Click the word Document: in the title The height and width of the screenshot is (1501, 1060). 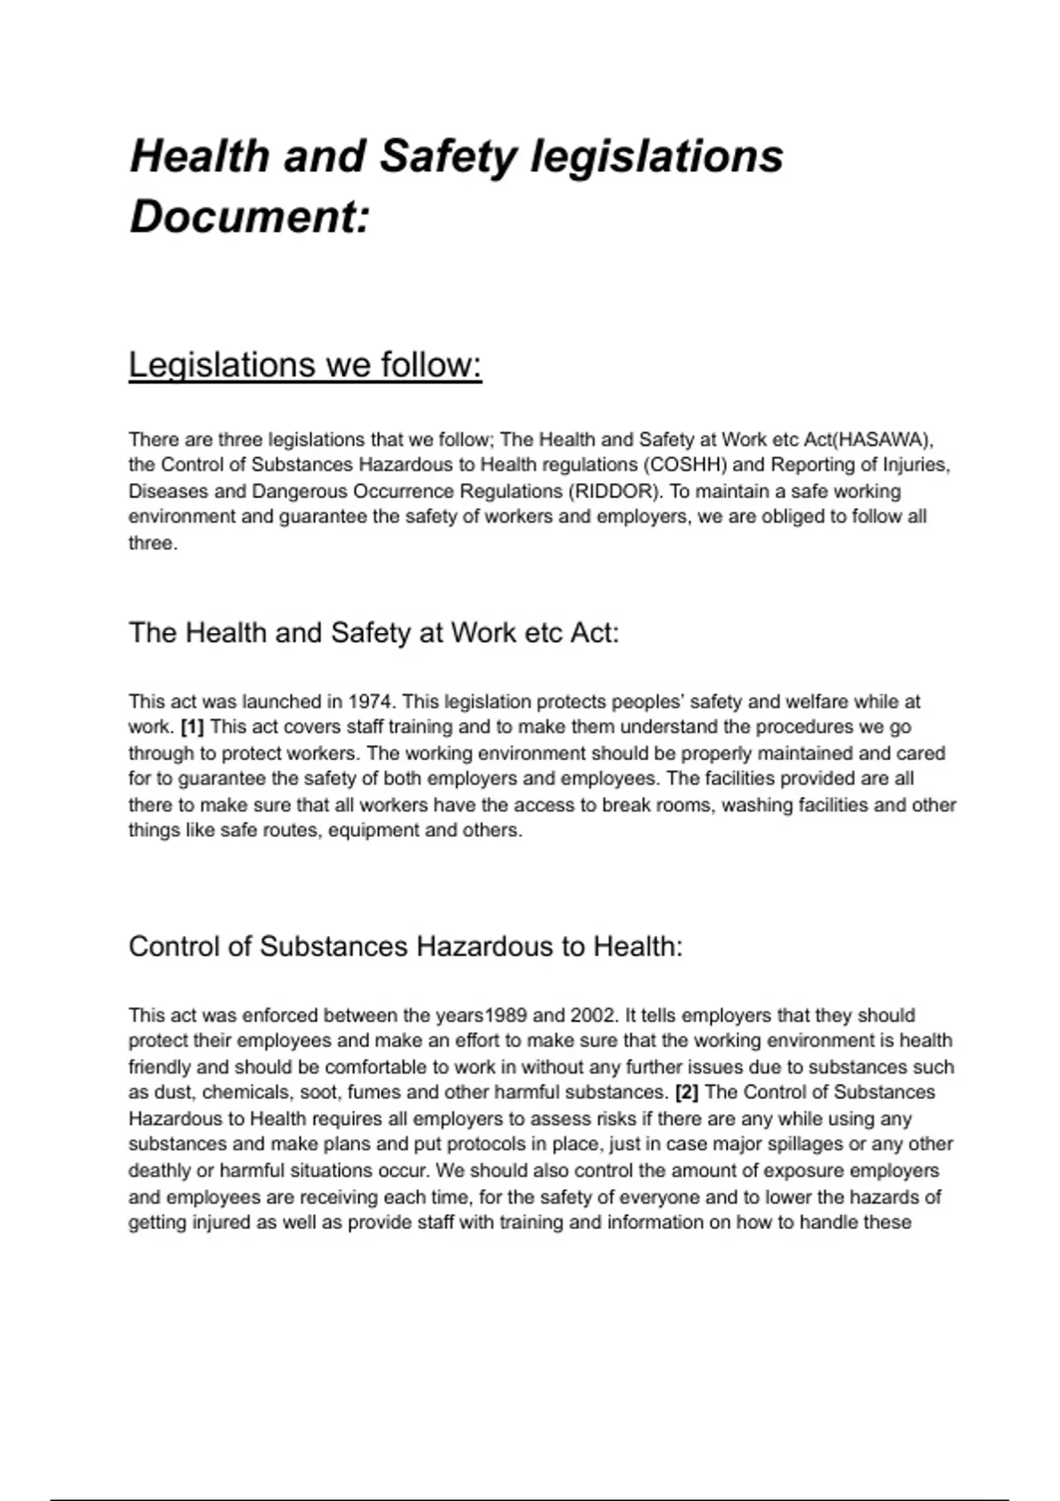(249, 216)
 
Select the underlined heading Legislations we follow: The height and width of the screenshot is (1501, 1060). (305, 365)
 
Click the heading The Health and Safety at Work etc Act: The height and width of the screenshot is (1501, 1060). (374, 633)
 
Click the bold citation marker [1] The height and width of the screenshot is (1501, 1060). (192, 728)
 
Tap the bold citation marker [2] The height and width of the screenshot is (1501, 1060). (686, 1092)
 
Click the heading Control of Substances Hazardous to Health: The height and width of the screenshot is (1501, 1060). (405, 947)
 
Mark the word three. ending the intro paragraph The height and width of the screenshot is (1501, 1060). (153, 543)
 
